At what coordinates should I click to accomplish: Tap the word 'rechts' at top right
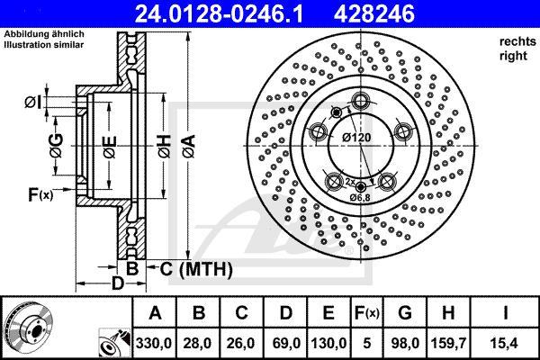(512, 42)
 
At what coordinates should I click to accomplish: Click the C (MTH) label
(194, 269)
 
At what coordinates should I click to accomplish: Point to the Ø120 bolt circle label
(358, 138)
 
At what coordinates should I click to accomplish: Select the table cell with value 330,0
(155, 341)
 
